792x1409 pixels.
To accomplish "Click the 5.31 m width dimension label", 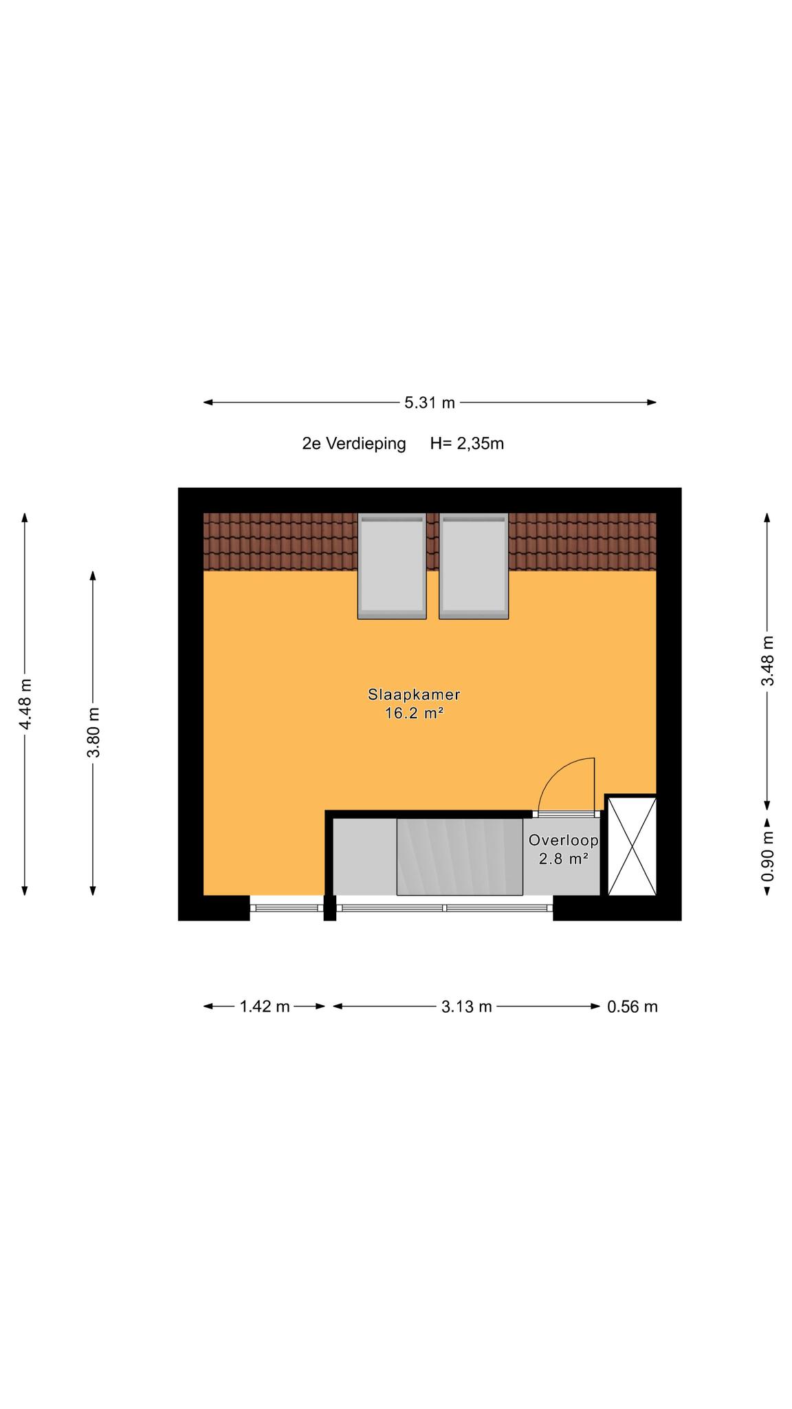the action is tap(430, 402).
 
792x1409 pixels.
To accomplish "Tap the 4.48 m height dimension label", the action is tap(25, 704).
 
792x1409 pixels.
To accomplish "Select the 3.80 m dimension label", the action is tap(93, 732).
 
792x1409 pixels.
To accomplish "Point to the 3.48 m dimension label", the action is tap(768, 660).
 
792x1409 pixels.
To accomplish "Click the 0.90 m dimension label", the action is tap(768, 857).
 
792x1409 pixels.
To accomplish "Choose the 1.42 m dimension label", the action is tap(265, 1007).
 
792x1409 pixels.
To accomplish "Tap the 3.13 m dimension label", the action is tap(467, 1007).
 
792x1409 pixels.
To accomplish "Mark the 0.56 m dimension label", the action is tap(632, 1007).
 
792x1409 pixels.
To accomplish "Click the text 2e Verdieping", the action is tap(354, 444).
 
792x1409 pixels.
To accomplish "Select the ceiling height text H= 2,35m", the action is tap(467, 444).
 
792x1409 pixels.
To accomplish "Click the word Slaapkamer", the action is tap(414, 694).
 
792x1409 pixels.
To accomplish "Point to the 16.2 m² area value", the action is tap(414, 713).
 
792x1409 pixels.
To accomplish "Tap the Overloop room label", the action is tap(564, 840).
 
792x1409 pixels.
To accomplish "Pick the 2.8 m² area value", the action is tap(564, 859).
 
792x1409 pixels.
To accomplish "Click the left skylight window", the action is tap(392, 566).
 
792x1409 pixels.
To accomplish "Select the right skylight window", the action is tap(474, 566).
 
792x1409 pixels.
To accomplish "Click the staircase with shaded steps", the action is tap(459, 857).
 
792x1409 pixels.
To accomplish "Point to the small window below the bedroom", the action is tap(287, 908).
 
